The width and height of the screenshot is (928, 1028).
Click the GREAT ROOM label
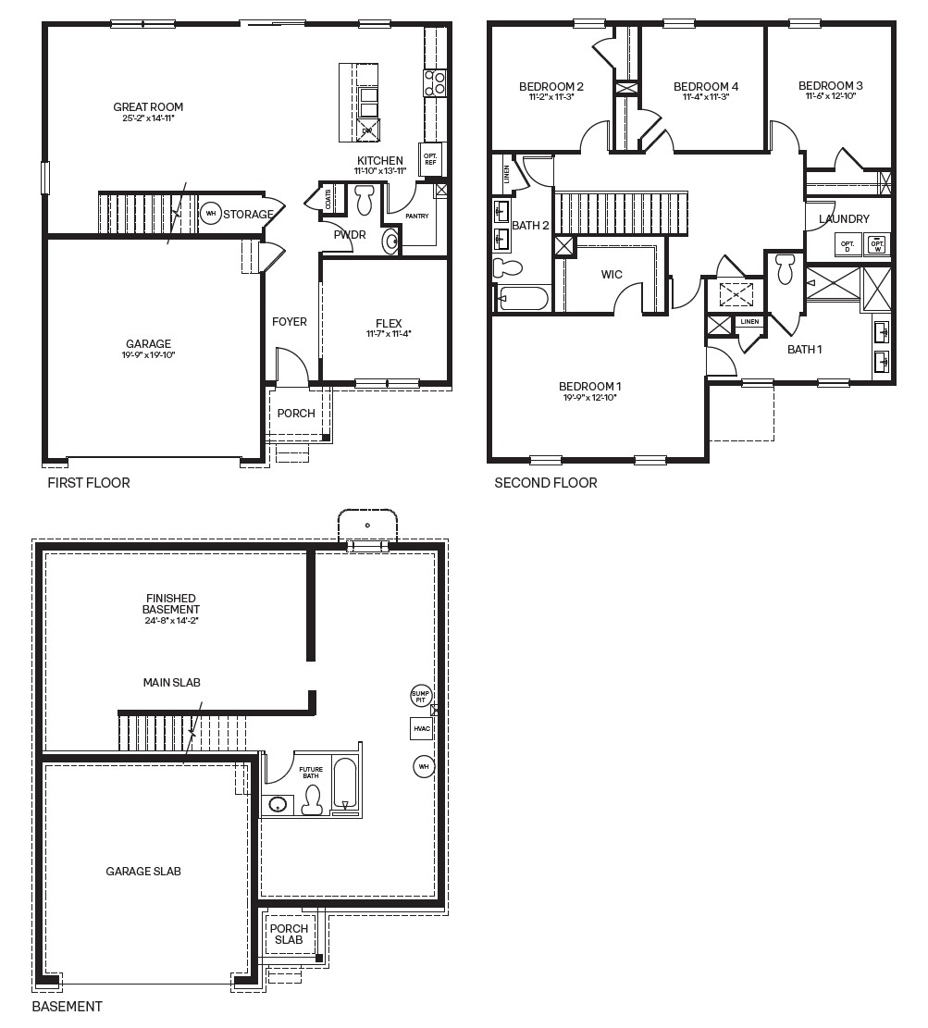pos(148,107)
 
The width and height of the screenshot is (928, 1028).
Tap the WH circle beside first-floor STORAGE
pos(210,214)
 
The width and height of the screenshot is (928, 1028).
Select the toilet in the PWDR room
pos(364,199)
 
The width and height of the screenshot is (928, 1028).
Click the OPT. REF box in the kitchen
pos(430,157)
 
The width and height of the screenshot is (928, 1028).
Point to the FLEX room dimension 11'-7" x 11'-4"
pos(388,334)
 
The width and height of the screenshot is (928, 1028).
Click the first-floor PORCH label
pos(296,413)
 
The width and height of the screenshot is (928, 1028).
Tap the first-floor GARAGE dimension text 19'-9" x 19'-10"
pos(149,354)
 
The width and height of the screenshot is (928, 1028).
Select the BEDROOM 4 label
pos(706,86)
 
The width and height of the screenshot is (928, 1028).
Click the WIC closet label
pos(612,275)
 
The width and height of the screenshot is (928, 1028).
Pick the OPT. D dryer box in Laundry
pos(848,245)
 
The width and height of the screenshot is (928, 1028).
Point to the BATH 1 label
pos(804,349)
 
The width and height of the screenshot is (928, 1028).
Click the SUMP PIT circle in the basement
pos(421,696)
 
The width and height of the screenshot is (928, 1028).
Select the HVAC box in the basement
pos(422,729)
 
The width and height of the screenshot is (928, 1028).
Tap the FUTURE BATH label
pos(310,773)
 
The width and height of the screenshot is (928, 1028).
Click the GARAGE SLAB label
pos(143,871)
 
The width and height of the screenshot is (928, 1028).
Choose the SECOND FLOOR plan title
pos(546,482)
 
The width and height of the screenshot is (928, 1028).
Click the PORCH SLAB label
pos(289,934)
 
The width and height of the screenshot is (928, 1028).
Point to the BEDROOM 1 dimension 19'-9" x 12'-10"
pos(588,397)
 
